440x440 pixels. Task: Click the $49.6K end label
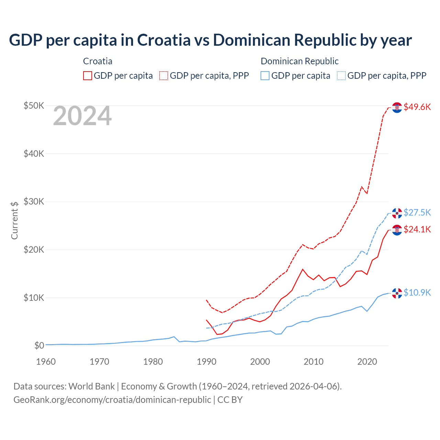[417, 107]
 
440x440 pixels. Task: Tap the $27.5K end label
[417, 212]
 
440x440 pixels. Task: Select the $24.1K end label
[417, 229]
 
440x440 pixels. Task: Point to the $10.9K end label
[417, 293]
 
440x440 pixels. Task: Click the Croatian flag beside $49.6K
[397, 108]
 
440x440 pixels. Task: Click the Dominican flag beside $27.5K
[397, 213]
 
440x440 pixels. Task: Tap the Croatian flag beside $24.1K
[397, 230]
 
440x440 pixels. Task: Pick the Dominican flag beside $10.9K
[397, 293]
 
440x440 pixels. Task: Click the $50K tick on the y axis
[34, 106]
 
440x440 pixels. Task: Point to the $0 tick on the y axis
[39, 345]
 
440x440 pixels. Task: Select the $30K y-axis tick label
[34, 201]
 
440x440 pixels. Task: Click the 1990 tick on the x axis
[207, 362]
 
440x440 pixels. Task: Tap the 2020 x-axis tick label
[367, 362]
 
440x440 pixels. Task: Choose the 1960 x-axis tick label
[46, 362]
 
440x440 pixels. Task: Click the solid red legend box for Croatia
[88, 76]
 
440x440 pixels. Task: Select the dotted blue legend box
[341, 76]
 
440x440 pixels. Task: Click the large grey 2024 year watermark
[82, 116]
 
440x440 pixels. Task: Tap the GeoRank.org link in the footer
[112, 400]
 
